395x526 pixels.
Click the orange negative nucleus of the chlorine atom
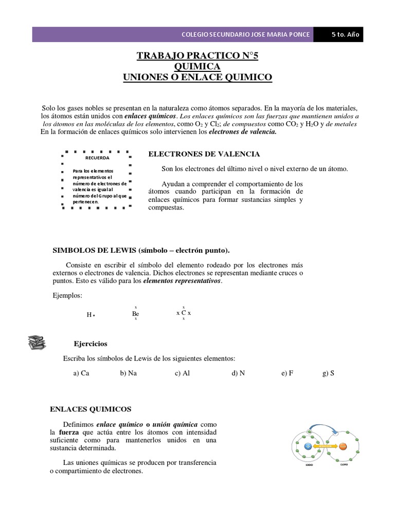pyautogui.click(x=343, y=446)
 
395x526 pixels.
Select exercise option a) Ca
pyautogui.click(x=81, y=373)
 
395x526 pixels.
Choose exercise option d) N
pyautogui.click(x=238, y=373)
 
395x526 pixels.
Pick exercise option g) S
pyautogui.click(x=328, y=373)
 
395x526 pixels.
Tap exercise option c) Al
pyautogui.click(x=182, y=373)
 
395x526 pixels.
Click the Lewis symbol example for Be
pyautogui.click(x=136, y=313)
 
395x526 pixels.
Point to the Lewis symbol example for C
pyautogui.click(x=184, y=312)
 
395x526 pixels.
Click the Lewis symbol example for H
pyautogui.click(x=91, y=314)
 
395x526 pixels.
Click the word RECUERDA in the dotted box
pyautogui.click(x=97, y=158)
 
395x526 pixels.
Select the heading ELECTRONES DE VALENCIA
pyautogui.click(x=204, y=154)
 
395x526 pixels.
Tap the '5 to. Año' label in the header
pyautogui.click(x=347, y=34)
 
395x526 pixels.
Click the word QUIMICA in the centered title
pyautogui.click(x=197, y=67)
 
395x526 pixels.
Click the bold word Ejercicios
pyautogui.click(x=91, y=344)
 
